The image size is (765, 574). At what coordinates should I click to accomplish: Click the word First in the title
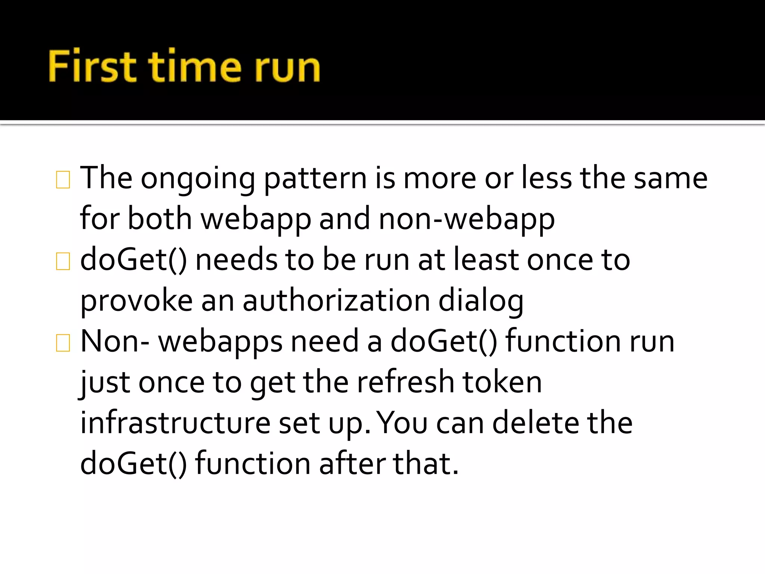(92, 67)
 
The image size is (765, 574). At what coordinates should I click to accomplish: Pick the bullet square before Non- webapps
(63, 343)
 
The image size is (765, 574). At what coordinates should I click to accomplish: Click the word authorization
(336, 301)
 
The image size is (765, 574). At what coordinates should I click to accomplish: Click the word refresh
(405, 382)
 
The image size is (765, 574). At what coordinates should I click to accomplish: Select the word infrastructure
(175, 423)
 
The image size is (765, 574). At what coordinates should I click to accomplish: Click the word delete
(535, 423)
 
